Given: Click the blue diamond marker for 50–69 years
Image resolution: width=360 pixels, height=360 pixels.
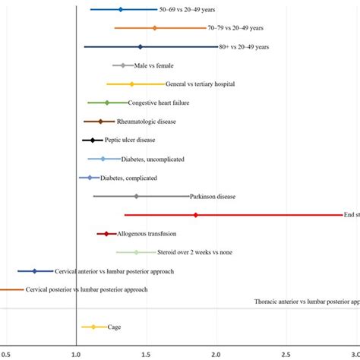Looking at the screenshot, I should pyautogui.click(x=120, y=9).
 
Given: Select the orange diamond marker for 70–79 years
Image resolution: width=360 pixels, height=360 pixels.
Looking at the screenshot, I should pyautogui.click(x=155, y=28).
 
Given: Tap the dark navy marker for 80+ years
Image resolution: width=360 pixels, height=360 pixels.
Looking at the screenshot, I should pyautogui.click(x=141, y=46).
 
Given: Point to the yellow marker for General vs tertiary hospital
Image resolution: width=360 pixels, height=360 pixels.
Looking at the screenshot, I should pyautogui.click(x=131, y=84).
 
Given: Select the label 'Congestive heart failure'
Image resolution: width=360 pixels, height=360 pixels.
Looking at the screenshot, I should pyautogui.click(x=159, y=103).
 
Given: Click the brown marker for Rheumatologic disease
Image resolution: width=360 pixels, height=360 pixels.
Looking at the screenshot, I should pyautogui.click(x=99, y=122).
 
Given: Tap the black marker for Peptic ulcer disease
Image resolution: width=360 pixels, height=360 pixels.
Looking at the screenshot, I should pyautogui.click(x=93, y=140).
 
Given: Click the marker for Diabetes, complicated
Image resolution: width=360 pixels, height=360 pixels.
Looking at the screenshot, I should pyautogui.click(x=90, y=178).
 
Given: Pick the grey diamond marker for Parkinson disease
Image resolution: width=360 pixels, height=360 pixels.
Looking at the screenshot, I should pyautogui.click(x=137, y=196).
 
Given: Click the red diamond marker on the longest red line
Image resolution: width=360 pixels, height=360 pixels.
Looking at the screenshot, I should pyautogui.click(x=196, y=215).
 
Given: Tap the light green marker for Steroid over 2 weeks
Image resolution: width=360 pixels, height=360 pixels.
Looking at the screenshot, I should pyautogui.click(x=137, y=252).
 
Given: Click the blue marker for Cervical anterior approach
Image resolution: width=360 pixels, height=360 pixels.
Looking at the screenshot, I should pyautogui.click(x=34, y=271).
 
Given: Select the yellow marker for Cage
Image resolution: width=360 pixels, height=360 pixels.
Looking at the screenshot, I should pyautogui.click(x=93, y=327).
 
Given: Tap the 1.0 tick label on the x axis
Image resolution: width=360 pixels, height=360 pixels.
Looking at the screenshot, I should pyautogui.click(x=76, y=354).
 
